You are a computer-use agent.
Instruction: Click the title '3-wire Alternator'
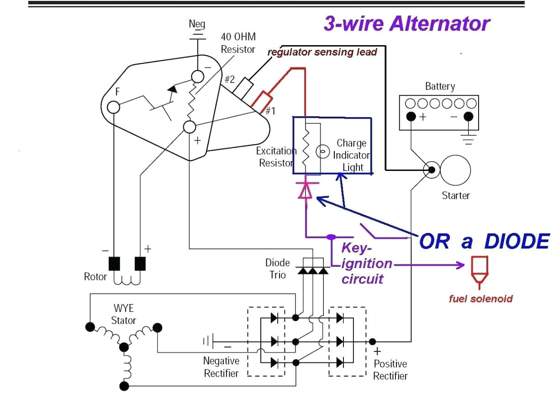(406, 24)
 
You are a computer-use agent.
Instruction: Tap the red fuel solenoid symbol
(479, 273)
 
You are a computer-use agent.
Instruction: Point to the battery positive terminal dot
(411, 116)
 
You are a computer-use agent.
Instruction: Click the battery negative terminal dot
(468, 116)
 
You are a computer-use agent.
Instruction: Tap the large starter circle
(455, 170)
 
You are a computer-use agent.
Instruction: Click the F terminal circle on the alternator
(113, 107)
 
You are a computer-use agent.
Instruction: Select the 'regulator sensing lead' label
(322, 52)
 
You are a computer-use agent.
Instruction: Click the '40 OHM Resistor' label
(237, 43)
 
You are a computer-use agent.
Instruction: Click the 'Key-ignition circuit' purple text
(365, 264)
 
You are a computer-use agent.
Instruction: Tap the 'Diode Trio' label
(278, 269)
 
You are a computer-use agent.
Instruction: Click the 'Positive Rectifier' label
(390, 370)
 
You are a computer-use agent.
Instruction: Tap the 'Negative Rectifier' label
(221, 367)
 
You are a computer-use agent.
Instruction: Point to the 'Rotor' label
(95, 276)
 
